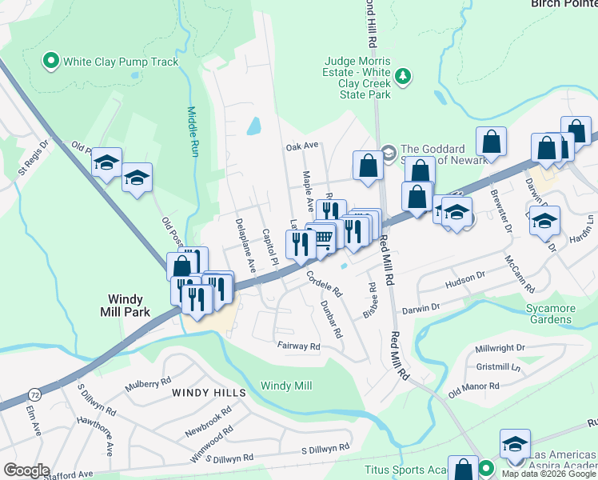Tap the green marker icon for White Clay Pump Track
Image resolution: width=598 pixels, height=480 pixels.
tap(52, 60)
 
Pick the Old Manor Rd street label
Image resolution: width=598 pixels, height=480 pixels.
tap(473, 388)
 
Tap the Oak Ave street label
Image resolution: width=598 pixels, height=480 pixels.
tap(302, 147)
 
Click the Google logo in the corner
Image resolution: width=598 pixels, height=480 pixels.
tap(26, 470)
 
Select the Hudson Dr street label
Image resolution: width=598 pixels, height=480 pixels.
tap(464, 275)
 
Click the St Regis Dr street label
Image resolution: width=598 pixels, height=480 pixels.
tap(34, 158)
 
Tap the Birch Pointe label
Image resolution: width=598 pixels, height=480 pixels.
tap(564, 3)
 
